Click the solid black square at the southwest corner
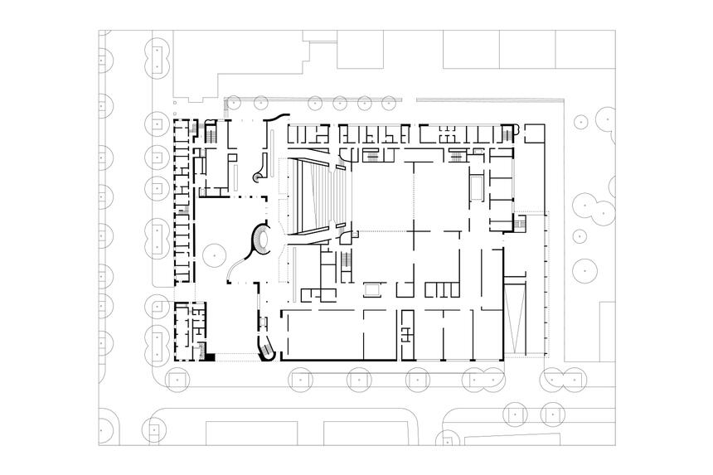[x=210, y=356]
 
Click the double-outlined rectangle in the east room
[x=478, y=187]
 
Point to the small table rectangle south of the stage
[x=373, y=289]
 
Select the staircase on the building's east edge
[x=521, y=225]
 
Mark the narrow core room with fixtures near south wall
[x=406, y=332]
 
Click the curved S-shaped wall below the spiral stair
[x=237, y=267]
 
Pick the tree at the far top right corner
[x=607, y=120]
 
